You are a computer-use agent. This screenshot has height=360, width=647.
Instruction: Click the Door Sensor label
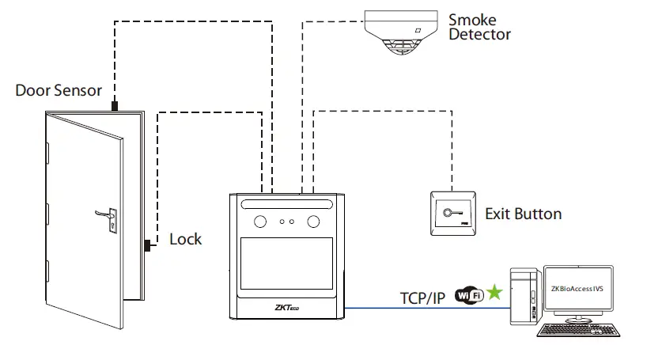point(59,90)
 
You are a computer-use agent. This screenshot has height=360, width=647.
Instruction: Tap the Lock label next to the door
point(186,239)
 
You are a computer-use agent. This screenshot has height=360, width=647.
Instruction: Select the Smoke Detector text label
point(479,26)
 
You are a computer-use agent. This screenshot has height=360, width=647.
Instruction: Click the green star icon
point(494,294)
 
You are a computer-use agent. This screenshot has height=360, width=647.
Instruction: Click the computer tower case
point(524,297)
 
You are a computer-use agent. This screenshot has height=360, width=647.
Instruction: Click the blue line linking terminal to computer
point(427,308)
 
